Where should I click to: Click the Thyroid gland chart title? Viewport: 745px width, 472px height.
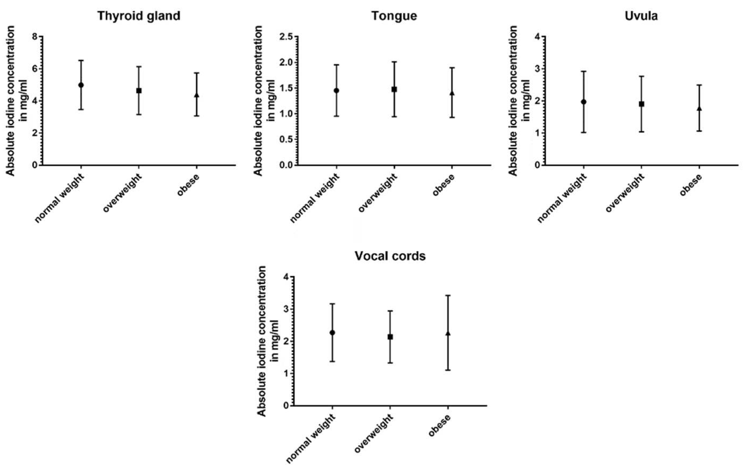(139, 16)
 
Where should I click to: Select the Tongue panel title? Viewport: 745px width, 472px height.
(394, 16)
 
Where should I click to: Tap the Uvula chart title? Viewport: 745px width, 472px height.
(641, 16)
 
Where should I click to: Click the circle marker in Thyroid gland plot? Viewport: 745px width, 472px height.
(81, 85)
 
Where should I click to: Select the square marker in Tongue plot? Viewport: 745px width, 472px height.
(394, 89)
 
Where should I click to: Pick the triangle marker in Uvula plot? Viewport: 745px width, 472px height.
(699, 108)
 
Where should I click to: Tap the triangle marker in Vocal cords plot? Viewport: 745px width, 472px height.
(448, 333)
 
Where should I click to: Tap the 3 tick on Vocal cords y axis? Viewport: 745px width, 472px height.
(286, 309)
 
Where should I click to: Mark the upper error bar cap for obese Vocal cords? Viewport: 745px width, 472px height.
(448, 295)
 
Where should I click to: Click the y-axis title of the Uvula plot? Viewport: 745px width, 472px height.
(518, 100)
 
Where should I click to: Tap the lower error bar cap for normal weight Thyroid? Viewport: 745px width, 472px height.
(81, 110)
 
